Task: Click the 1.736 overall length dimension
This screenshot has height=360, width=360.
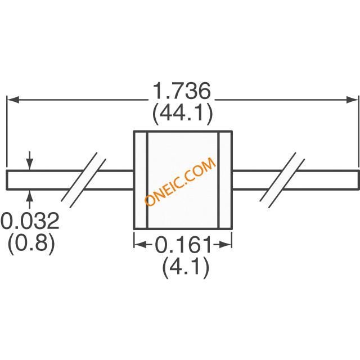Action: pyautogui.click(x=182, y=91)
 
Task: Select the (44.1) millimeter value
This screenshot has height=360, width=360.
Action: pyautogui.click(x=182, y=113)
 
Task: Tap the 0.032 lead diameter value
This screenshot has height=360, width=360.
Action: pyautogui.click(x=30, y=220)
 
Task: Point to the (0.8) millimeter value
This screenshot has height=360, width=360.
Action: pyautogui.click(x=31, y=243)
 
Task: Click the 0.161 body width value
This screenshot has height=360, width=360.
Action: pyautogui.click(x=183, y=245)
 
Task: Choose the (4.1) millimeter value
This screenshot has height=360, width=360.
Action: pyautogui.click(x=186, y=267)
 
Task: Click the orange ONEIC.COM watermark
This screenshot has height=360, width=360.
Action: pyautogui.click(x=180, y=182)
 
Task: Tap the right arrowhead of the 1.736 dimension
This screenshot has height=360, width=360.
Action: pyautogui.click(x=352, y=100)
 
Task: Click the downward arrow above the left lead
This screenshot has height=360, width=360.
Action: pyautogui.click(x=30, y=161)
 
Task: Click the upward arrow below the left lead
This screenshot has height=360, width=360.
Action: pyautogui.click(x=30, y=199)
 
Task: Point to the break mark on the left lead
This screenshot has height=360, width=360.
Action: pyautogui.click(x=83, y=180)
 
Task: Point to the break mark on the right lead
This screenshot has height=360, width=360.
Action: pyautogui.click(x=282, y=180)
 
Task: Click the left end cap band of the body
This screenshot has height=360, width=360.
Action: pyautogui.click(x=141, y=180)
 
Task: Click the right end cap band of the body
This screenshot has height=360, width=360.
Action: pyautogui.click(x=225, y=180)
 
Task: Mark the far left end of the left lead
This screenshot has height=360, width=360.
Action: pyautogui.click(x=7, y=180)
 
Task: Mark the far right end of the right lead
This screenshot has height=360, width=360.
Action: pyautogui.click(x=358, y=180)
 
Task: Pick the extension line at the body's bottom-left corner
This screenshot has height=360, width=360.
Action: pyautogui.click(x=134, y=240)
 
